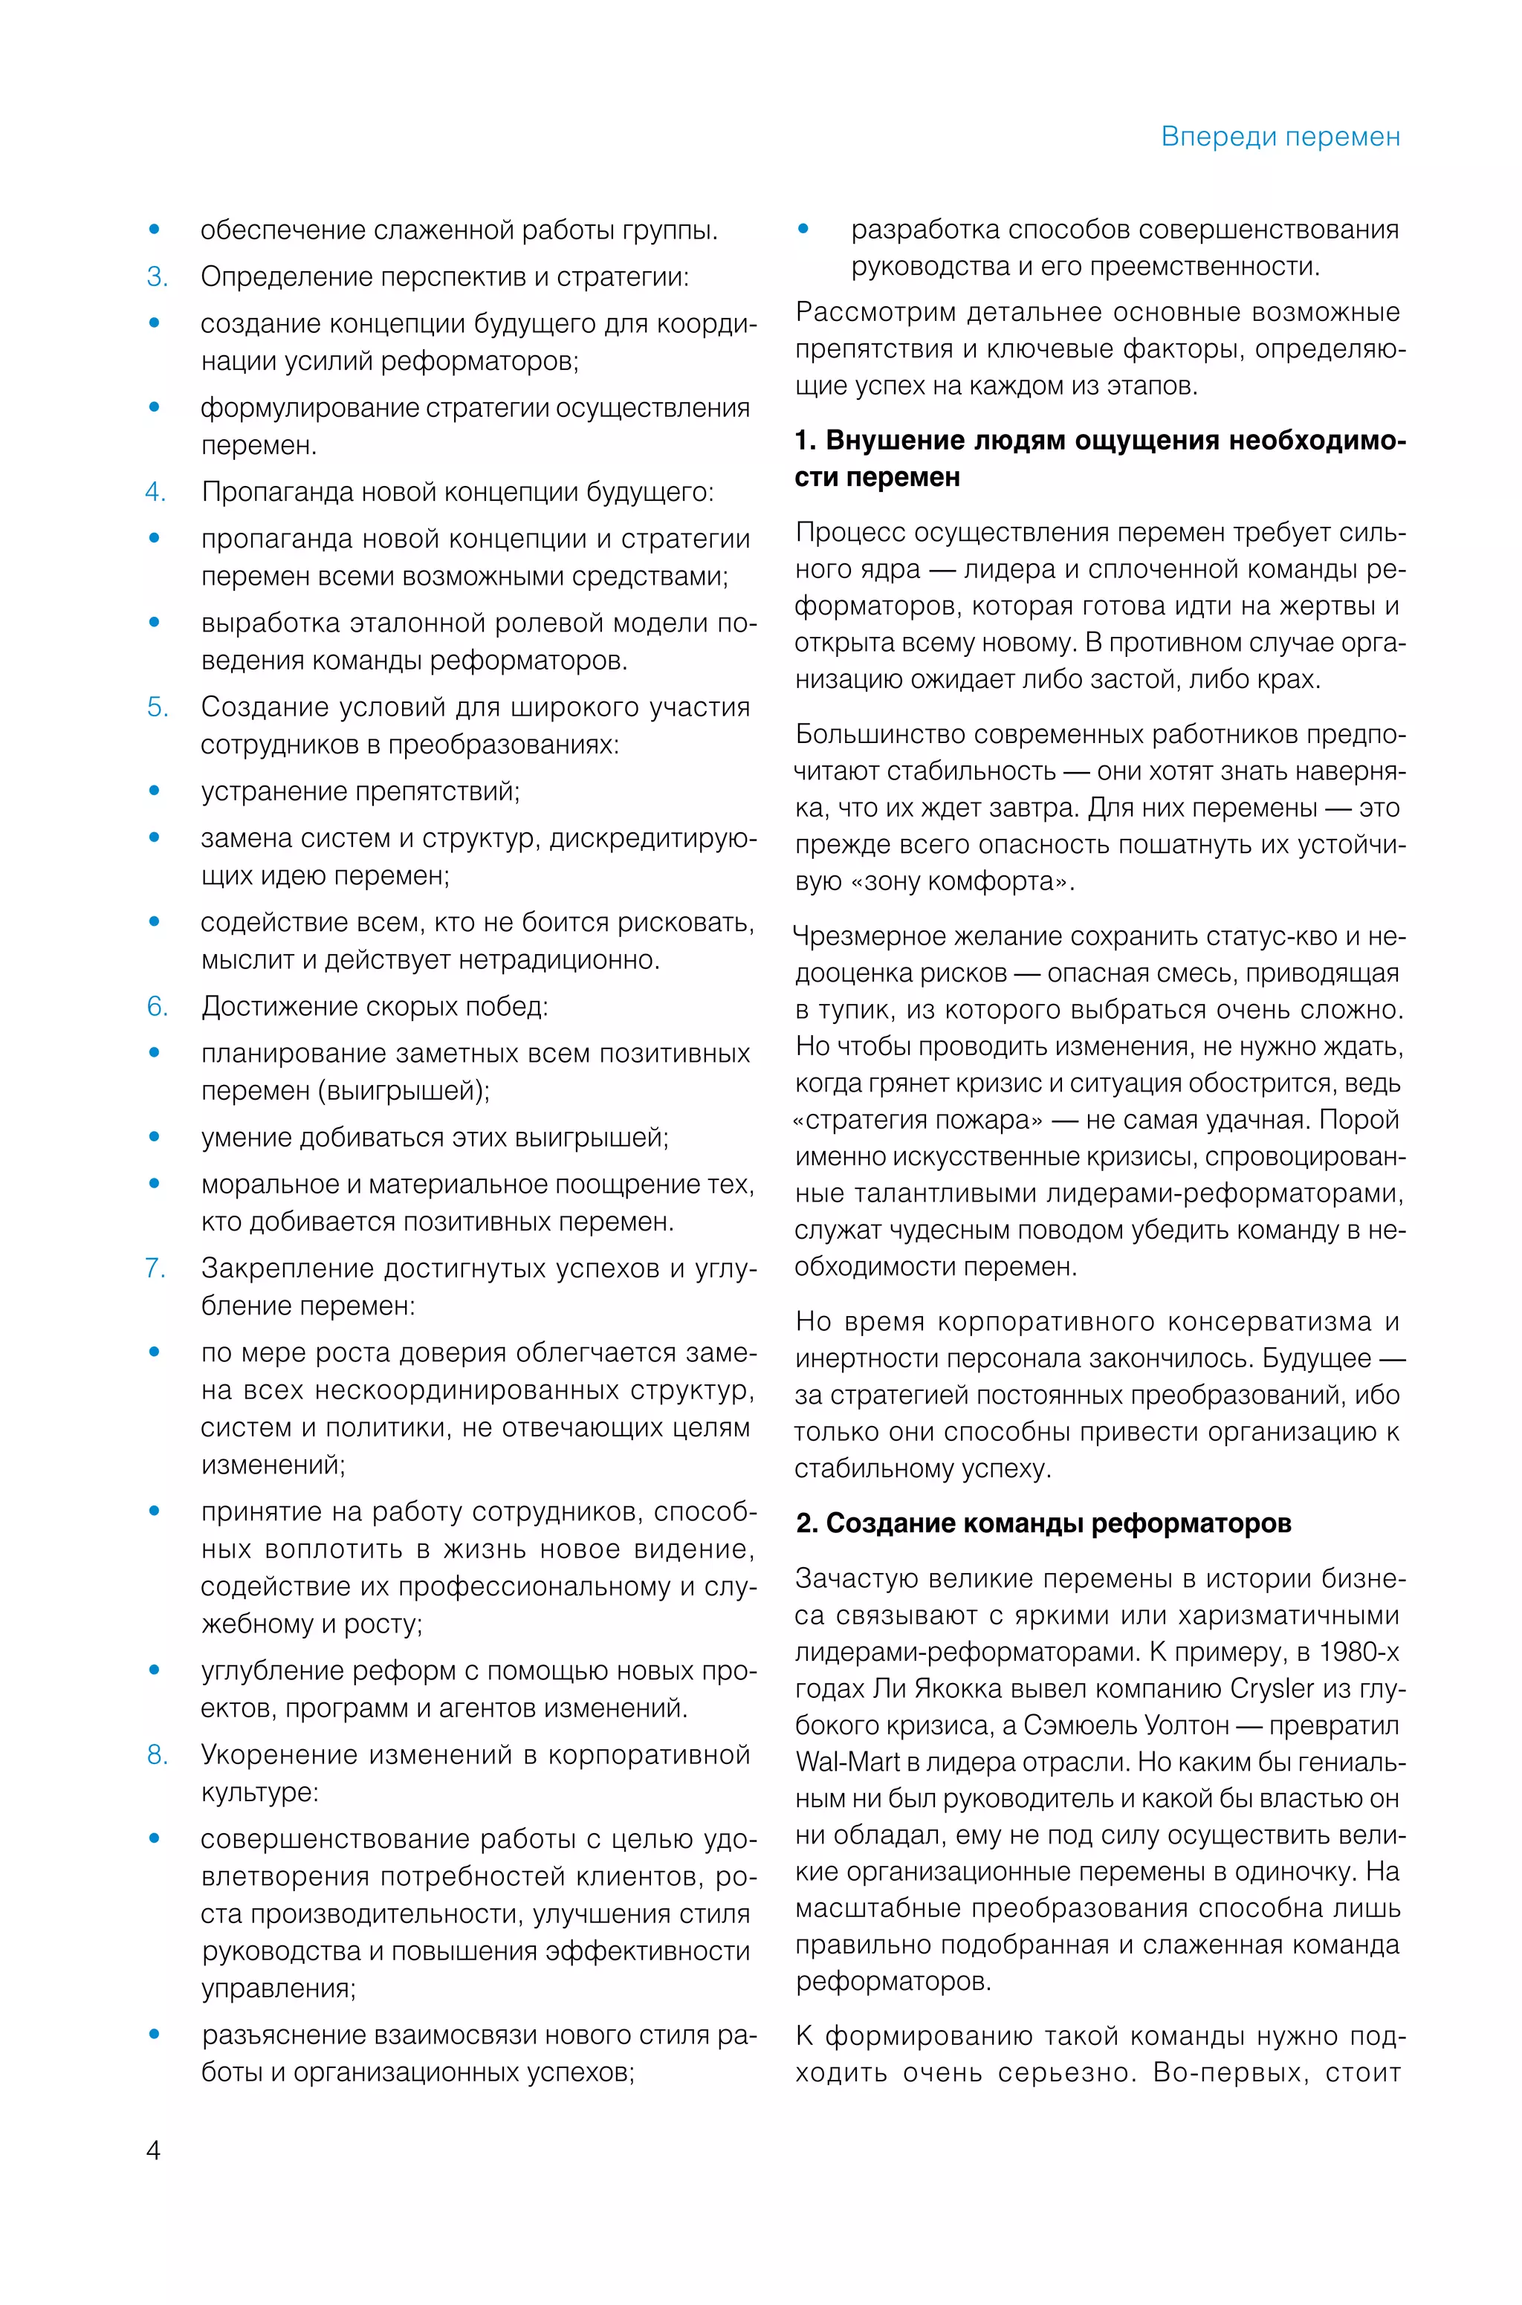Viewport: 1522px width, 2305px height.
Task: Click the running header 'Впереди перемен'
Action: click(x=1280, y=137)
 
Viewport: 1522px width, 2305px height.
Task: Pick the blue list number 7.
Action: click(x=155, y=1268)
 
